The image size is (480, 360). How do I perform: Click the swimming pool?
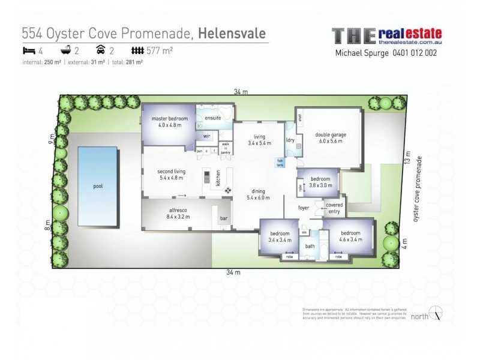(x=97, y=187)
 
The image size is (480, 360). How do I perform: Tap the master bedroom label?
(x=170, y=122)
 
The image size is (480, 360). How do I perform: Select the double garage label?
(x=331, y=139)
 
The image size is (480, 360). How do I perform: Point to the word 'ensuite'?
(x=212, y=118)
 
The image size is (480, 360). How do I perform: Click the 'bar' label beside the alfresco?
(x=226, y=218)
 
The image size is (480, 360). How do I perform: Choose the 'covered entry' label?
(x=334, y=208)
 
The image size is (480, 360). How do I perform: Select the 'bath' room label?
(x=310, y=246)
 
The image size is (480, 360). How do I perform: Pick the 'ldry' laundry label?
(x=290, y=140)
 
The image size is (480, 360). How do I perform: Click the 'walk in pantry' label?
(x=226, y=148)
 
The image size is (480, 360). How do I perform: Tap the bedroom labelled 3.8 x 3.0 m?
(x=320, y=182)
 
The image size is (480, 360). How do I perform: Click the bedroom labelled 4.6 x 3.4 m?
(x=350, y=236)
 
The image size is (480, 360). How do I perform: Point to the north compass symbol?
(x=438, y=314)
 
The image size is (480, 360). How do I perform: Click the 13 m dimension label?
(x=408, y=161)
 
